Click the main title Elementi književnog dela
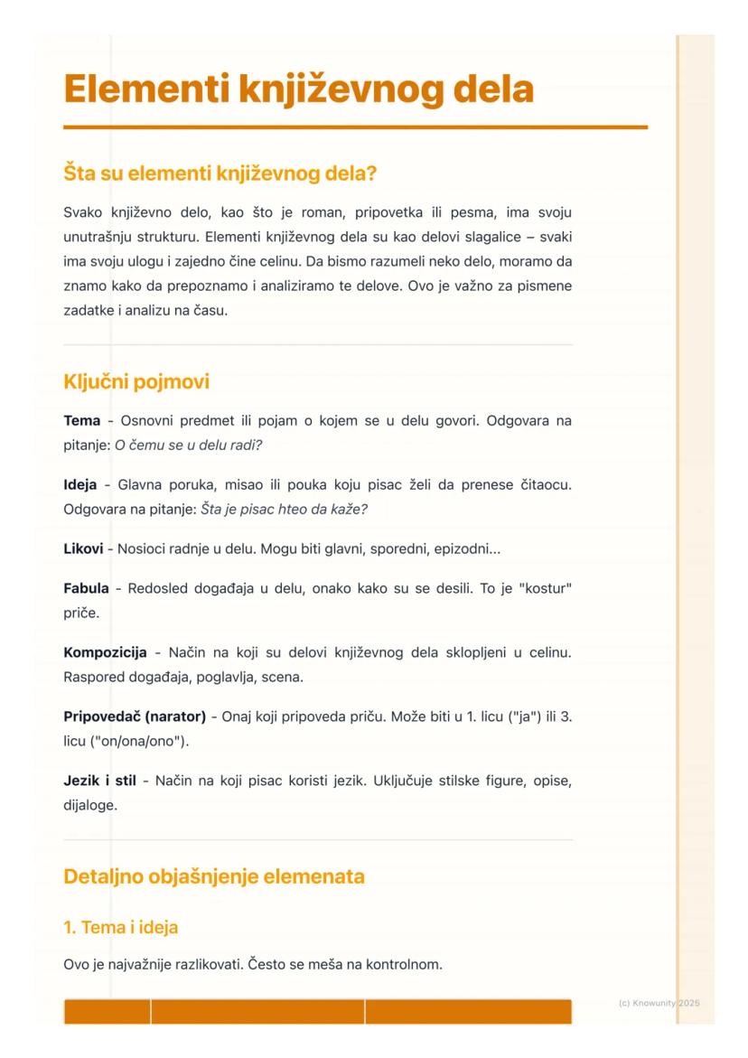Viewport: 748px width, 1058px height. tap(298, 90)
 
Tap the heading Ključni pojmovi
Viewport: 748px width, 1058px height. tap(136, 382)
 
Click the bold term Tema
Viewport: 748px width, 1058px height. tap(82, 421)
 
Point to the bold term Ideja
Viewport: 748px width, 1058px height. tap(81, 485)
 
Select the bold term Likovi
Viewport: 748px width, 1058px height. tap(83, 548)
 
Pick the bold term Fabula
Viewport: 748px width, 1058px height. tap(87, 589)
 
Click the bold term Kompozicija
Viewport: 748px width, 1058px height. tap(105, 652)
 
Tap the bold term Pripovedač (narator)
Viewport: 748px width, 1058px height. tap(135, 716)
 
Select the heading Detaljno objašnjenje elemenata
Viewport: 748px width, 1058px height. tap(214, 876)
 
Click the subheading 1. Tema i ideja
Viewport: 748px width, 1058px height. tap(120, 926)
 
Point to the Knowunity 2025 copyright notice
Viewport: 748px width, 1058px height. tap(659, 1003)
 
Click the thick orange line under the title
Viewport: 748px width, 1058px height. tap(356, 127)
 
